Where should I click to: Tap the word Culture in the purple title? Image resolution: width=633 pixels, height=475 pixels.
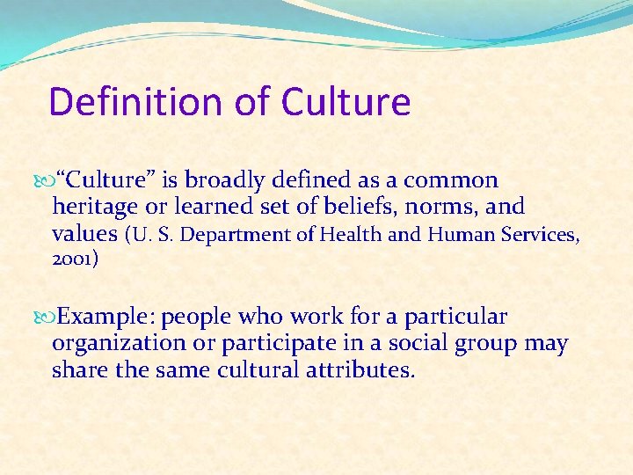[x=346, y=102]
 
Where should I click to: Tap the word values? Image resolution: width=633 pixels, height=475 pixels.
[x=84, y=234]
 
